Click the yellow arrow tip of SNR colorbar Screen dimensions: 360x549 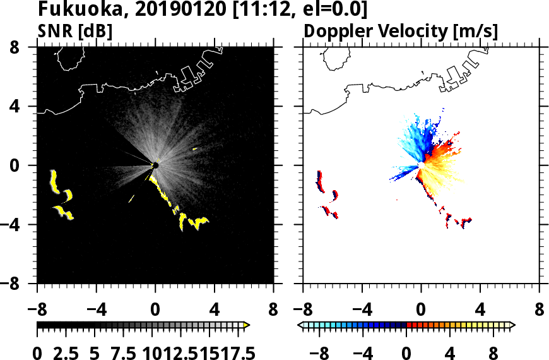(x=246, y=325)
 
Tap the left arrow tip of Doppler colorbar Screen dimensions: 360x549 (x=300, y=325)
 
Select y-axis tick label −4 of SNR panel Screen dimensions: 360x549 (x=20, y=225)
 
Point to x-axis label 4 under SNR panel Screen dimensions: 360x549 (x=215, y=311)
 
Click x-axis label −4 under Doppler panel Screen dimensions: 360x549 (x=357, y=311)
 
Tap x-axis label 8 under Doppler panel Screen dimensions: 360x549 (x=540, y=311)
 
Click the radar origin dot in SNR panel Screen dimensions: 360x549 (x=155, y=165)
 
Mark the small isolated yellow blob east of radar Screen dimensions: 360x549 (x=194, y=149)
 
